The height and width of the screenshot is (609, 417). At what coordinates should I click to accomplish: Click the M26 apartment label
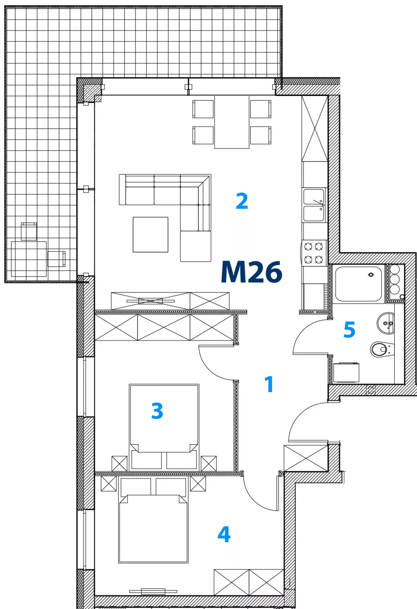tap(251, 272)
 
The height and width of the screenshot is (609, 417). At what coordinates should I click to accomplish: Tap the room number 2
tap(242, 201)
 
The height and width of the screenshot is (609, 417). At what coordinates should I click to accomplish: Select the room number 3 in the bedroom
tap(157, 411)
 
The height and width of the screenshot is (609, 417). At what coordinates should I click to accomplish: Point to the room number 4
tap(224, 534)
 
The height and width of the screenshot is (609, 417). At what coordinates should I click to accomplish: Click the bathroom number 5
tap(349, 329)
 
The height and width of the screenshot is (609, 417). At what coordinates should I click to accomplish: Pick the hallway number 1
tap(269, 384)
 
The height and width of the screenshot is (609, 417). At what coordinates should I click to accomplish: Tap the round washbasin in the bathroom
tap(386, 323)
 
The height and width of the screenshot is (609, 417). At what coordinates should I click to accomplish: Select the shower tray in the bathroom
tap(359, 284)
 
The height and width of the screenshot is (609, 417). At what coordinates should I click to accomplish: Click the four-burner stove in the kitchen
tap(314, 253)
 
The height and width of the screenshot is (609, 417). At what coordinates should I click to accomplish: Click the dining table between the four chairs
tap(232, 122)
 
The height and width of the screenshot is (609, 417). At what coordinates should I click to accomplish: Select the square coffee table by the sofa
tap(150, 234)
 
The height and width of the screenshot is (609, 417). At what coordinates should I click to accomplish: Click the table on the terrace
tap(29, 259)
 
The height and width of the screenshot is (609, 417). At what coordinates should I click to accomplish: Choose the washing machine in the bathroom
tap(346, 372)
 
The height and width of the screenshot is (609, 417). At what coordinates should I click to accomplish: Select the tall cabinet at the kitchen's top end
tap(315, 129)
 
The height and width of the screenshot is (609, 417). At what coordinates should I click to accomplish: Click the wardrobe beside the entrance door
tap(306, 458)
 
